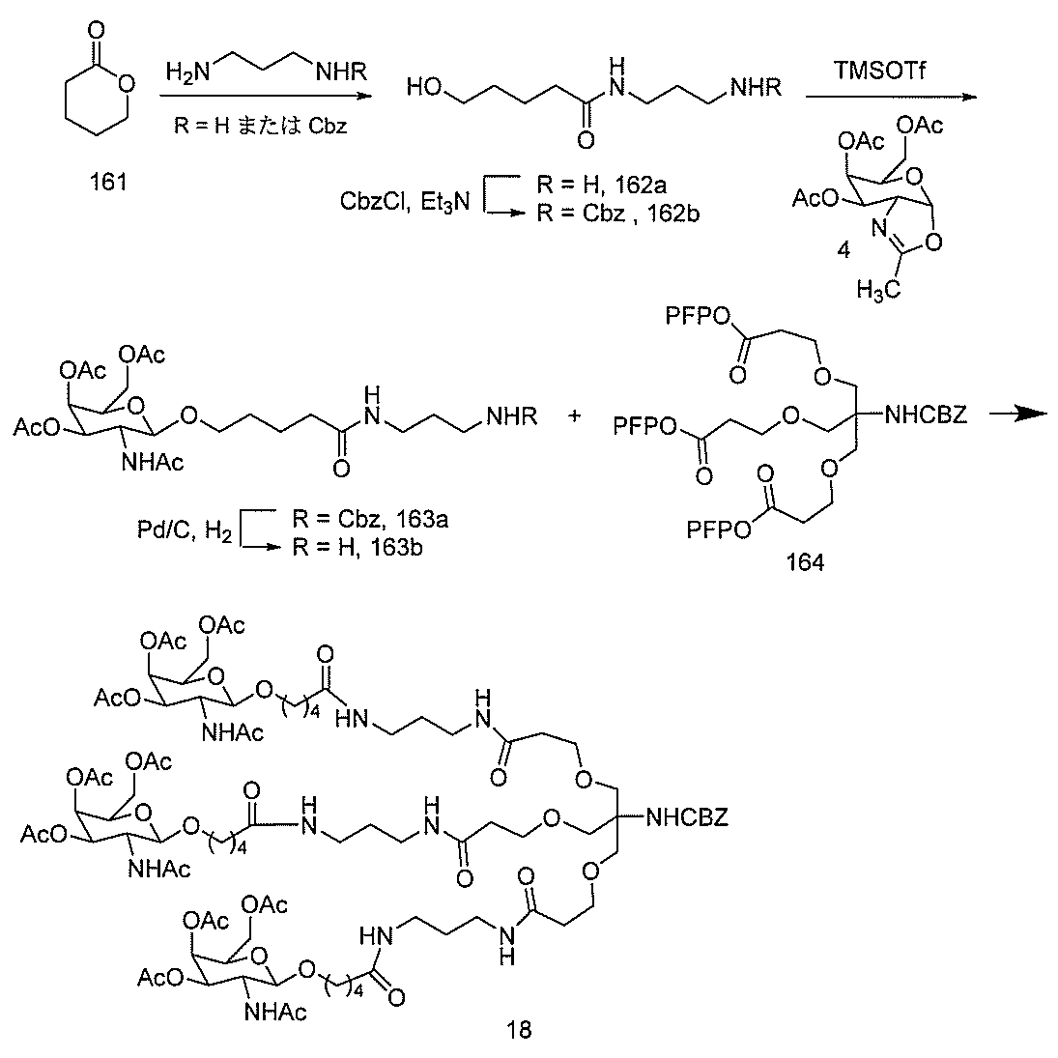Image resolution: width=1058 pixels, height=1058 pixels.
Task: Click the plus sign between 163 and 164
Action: click(577, 415)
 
